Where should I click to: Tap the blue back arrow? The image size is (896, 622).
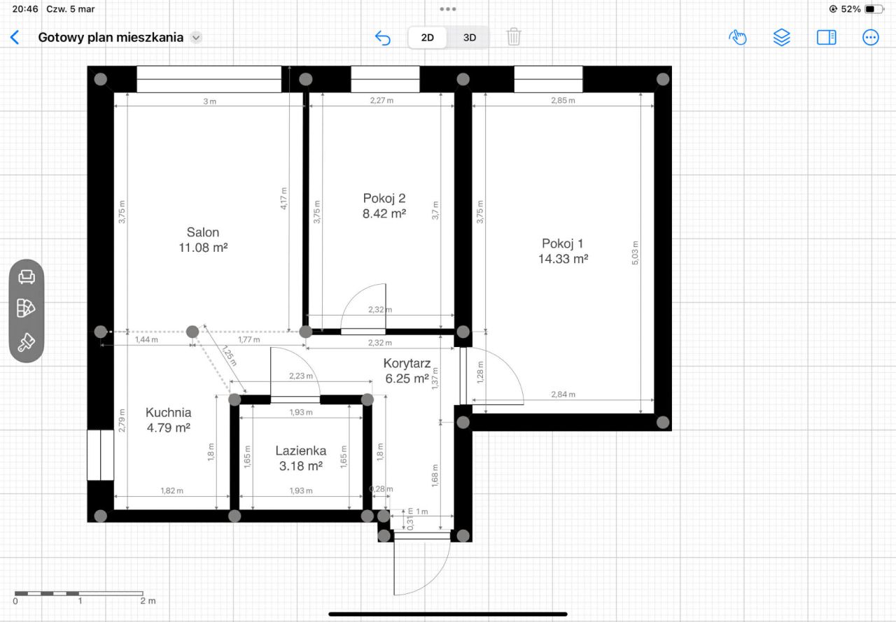(x=15, y=38)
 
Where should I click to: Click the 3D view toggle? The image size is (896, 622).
(x=470, y=38)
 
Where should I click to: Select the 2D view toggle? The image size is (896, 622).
(x=427, y=38)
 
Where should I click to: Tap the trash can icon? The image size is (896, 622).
(x=514, y=37)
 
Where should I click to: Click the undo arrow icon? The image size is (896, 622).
(x=383, y=38)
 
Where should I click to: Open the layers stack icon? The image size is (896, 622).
(x=781, y=38)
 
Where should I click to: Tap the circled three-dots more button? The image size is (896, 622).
(x=870, y=38)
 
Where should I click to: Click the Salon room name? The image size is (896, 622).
(x=203, y=232)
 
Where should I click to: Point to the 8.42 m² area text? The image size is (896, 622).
(x=384, y=213)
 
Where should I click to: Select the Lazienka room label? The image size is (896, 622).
(x=301, y=451)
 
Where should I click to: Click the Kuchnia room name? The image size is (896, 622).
(x=169, y=412)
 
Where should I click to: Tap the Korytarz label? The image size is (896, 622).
(x=407, y=363)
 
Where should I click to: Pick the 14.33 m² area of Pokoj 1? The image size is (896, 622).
(x=563, y=259)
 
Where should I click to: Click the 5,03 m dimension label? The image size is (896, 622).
(x=635, y=253)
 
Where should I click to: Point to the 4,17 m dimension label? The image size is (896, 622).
(x=283, y=198)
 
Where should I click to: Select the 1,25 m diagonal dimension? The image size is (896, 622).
(x=229, y=355)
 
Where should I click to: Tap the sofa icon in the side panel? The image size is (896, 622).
(x=27, y=276)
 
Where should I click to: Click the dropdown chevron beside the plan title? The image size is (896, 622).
(x=195, y=38)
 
